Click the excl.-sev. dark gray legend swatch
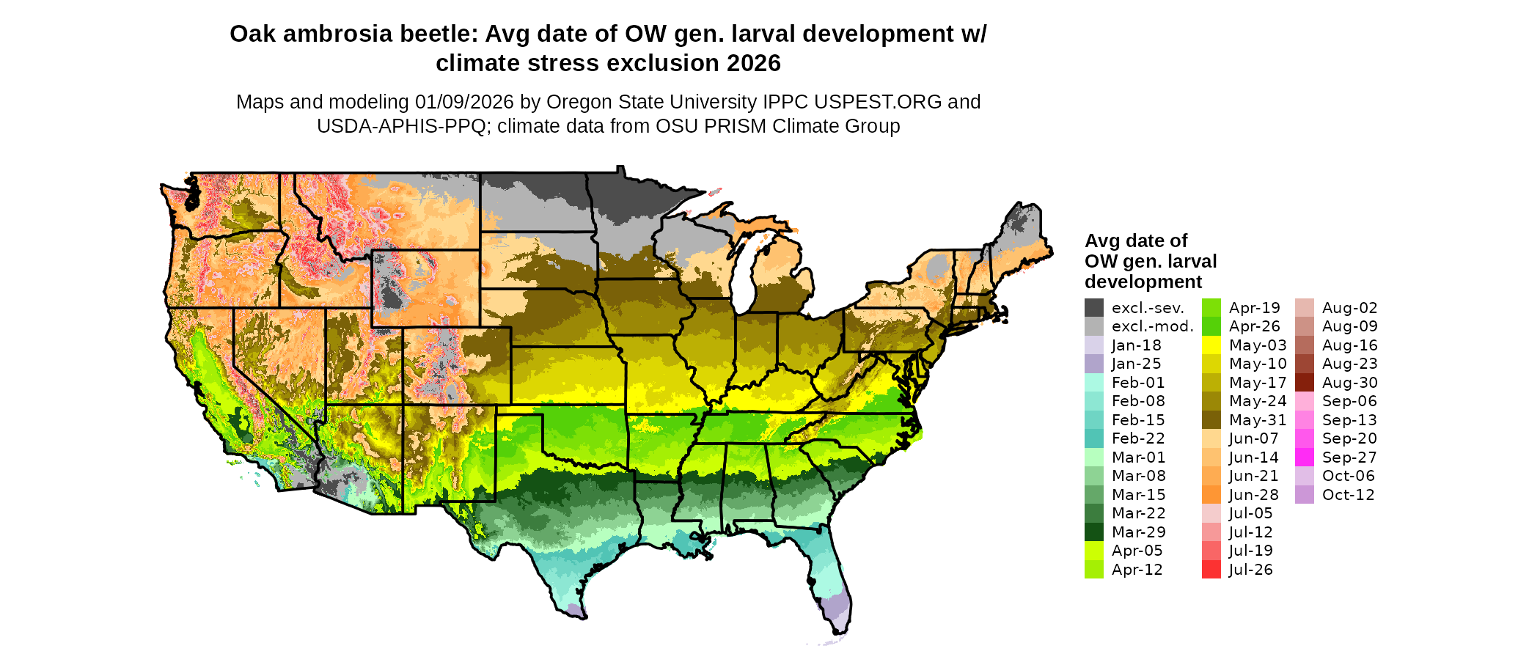[x=1093, y=308]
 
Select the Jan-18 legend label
[x=1136, y=345]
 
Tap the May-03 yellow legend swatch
[x=1211, y=345]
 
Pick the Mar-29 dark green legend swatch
[x=1093, y=532]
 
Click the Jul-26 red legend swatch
[x=1211, y=570]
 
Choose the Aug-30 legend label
[x=1349, y=383]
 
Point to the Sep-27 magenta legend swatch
[x=1305, y=458]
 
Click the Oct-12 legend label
[x=1348, y=495]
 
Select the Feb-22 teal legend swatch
[x=1093, y=438]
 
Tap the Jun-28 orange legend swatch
[x=1211, y=495]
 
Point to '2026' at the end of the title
[x=754, y=64]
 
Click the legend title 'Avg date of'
[x=1135, y=241]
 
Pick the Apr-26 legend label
[x=1254, y=327]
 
